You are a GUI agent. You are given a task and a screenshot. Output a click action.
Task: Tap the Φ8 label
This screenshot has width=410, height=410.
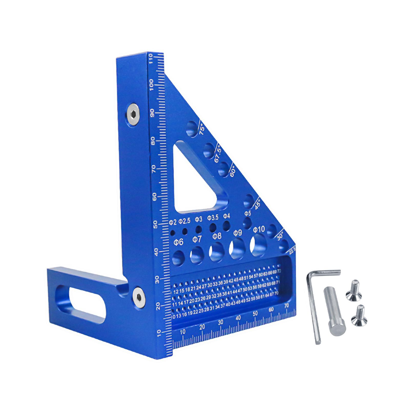click(217, 236)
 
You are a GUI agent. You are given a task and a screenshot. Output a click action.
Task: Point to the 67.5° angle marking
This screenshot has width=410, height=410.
click(218, 154)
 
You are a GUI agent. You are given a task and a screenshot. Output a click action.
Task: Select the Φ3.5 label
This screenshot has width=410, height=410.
click(213, 218)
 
